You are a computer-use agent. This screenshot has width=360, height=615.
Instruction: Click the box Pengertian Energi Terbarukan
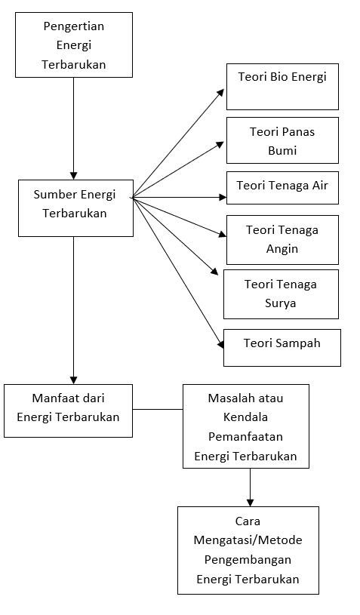point(74,45)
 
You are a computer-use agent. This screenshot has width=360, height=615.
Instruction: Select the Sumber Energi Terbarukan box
point(75,208)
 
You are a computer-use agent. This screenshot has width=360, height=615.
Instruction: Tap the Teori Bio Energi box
point(282,87)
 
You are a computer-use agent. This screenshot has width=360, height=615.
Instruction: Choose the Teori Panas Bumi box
point(282,140)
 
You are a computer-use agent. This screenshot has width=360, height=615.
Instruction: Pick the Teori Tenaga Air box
point(282,188)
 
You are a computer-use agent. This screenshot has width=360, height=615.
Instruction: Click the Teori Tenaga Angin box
point(282,240)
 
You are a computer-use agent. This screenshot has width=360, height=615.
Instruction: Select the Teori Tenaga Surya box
point(281,294)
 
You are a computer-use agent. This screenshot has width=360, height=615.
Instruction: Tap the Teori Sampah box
point(282,348)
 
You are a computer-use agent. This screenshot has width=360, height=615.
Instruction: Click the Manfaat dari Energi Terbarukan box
point(68,411)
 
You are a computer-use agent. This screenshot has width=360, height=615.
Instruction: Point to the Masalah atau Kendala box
point(246,426)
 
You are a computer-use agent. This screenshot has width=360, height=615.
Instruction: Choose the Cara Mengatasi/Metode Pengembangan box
point(248,550)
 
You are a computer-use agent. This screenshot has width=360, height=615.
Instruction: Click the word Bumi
point(282,151)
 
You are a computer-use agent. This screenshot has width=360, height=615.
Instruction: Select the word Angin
point(282,250)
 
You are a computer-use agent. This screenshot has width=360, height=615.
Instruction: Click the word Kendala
point(245,417)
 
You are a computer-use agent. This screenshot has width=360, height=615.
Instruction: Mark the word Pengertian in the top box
point(74,26)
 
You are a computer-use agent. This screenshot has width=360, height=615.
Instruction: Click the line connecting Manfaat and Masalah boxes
point(158,410)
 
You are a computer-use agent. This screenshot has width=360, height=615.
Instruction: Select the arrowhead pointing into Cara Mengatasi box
point(251,503)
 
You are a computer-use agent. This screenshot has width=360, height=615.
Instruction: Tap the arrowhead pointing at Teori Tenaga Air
point(223,198)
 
